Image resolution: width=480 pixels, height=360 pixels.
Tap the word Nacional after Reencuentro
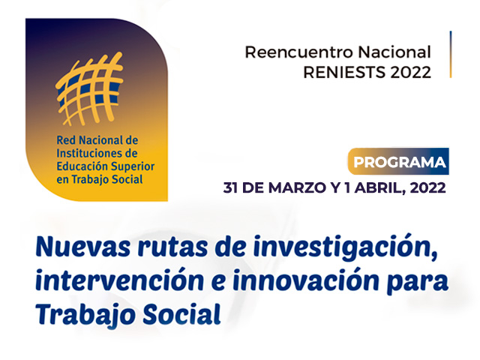[394, 52]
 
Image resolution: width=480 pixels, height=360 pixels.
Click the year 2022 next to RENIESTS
[411, 72]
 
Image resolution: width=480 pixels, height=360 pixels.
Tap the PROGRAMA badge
[398, 161]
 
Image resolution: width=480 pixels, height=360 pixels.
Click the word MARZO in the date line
[297, 187]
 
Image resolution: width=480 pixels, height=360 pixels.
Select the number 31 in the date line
[231, 187]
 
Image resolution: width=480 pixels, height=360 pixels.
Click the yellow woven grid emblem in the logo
[89, 89]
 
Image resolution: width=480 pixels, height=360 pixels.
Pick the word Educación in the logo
[82, 166]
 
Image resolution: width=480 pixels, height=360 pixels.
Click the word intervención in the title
[120, 280]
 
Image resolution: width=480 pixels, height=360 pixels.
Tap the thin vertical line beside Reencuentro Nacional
[451, 55]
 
